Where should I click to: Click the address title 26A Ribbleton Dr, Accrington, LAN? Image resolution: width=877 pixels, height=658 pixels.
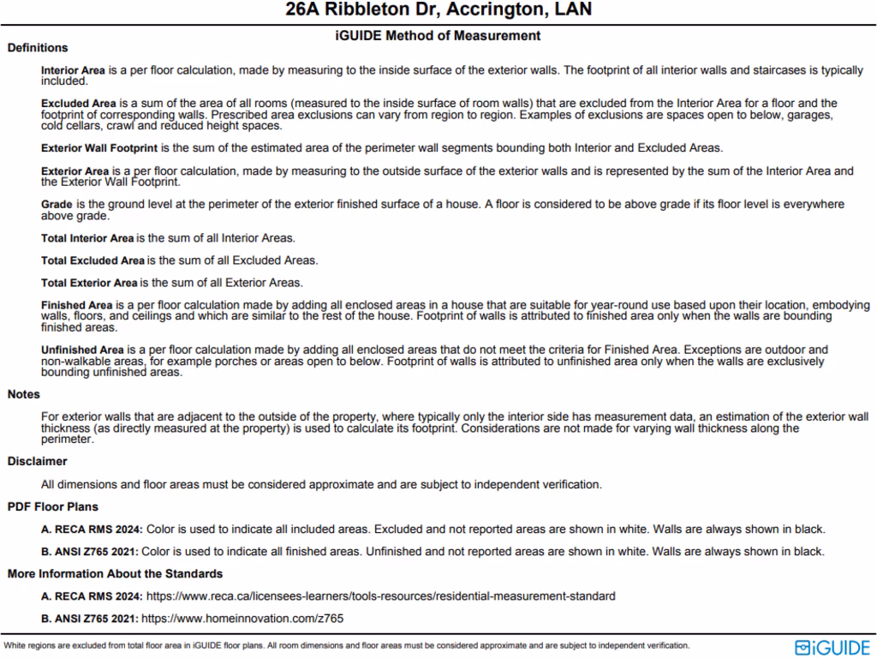coord(438,11)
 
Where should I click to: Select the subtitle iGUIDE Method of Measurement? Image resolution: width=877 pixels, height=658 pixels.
coord(438,36)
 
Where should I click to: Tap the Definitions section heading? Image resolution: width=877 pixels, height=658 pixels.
coord(38,48)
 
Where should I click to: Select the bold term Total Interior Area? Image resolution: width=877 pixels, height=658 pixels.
coord(87,237)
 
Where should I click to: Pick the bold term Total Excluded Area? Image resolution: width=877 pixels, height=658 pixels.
coord(92,260)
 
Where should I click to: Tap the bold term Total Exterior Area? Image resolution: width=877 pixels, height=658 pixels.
coord(89,282)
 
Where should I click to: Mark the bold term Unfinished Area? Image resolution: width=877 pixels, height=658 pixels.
coord(82,350)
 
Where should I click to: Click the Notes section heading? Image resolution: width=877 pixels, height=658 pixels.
coord(24,395)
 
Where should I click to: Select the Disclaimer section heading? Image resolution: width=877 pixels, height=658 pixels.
coord(37,462)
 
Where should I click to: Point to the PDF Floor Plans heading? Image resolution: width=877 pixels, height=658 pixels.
coord(53,507)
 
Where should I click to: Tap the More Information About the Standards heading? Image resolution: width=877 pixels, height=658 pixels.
coord(115,574)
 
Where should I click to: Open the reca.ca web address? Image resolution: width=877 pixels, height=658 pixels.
coord(381,595)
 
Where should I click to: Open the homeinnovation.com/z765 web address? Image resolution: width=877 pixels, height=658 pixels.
coord(242,618)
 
